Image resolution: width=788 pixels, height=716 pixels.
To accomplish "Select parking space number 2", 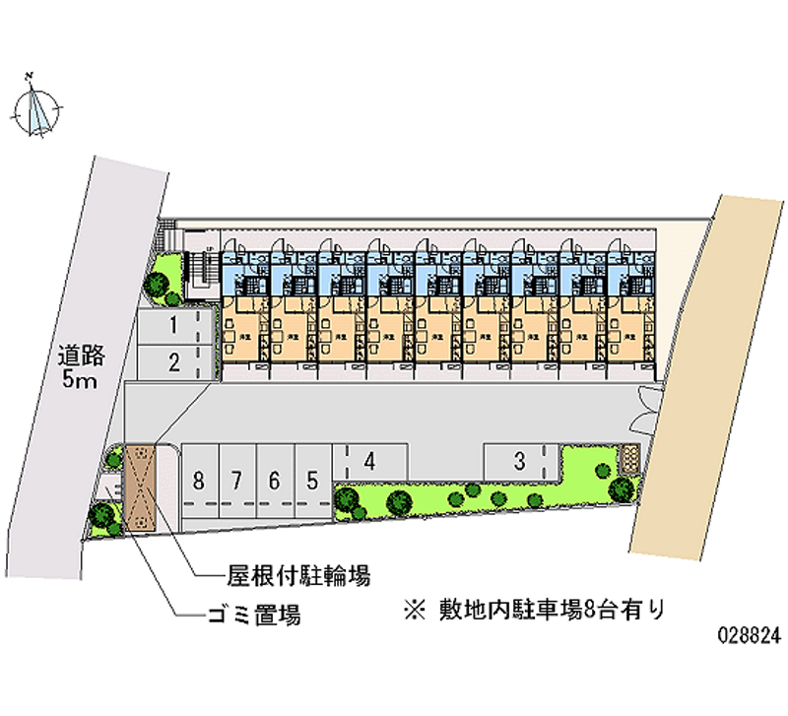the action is point(173,361).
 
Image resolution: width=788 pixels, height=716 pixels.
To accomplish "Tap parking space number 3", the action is point(519,459).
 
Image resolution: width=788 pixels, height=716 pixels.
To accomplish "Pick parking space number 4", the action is point(368,460).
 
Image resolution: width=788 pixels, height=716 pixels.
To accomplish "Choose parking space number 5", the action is point(312,481).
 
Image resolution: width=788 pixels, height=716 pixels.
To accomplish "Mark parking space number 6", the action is point(275,481).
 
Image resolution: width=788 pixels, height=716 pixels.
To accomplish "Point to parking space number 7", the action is point(237,481).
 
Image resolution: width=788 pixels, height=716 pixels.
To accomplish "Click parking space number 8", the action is point(199,481).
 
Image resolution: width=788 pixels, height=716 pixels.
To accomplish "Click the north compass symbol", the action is point(39,108).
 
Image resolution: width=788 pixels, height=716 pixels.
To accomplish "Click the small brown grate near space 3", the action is point(628,458).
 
